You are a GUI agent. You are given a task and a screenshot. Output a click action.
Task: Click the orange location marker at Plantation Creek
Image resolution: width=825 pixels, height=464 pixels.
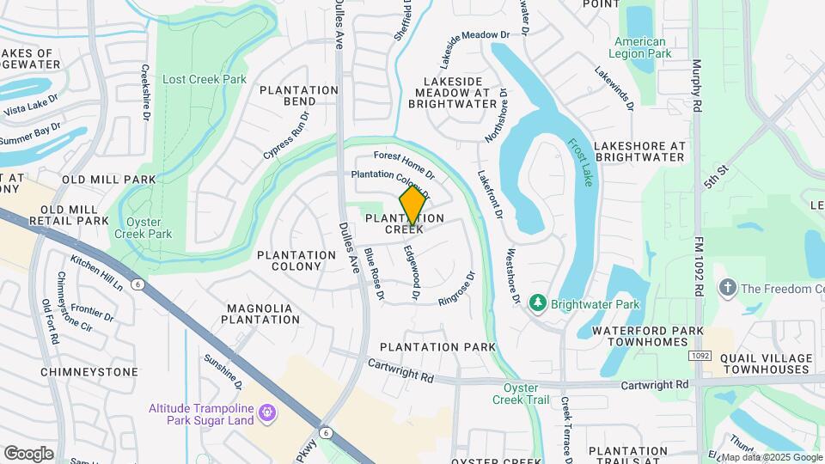(x=412, y=205)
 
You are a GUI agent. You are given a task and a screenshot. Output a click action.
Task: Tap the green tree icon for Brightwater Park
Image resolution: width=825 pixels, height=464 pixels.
(x=538, y=303)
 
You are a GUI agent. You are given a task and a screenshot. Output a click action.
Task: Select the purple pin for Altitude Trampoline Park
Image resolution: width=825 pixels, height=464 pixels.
(x=267, y=414)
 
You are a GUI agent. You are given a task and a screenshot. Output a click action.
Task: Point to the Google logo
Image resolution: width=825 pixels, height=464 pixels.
(x=28, y=454)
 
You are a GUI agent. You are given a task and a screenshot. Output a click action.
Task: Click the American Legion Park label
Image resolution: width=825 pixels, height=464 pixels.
(x=640, y=48)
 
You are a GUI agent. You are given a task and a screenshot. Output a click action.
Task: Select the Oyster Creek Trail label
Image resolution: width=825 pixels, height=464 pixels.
(x=520, y=394)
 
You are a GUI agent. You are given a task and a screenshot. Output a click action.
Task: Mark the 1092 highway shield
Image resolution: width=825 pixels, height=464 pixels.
(x=699, y=356)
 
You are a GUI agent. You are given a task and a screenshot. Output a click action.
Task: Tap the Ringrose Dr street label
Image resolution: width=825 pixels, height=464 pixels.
(x=457, y=290)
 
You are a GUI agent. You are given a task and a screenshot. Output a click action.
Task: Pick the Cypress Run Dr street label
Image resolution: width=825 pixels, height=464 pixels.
(x=285, y=135)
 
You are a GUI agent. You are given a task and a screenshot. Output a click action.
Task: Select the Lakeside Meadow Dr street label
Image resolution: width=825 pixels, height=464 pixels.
(x=474, y=48)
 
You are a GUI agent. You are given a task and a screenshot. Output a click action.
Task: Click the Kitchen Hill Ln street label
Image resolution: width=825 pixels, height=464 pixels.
(x=97, y=273)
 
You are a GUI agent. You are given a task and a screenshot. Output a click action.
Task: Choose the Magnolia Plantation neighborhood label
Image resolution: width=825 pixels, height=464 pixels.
(x=262, y=314)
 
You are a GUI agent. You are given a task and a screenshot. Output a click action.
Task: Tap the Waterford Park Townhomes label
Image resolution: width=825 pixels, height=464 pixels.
(x=647, y=336)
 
